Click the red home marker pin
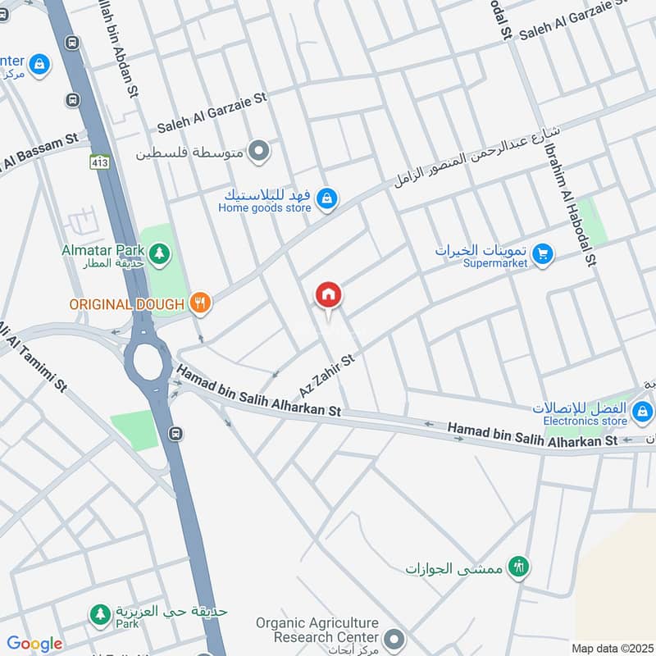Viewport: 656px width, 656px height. point(329,295)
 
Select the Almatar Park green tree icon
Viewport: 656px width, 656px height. point(157,250)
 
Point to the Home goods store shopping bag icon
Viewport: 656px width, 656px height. point(327,199)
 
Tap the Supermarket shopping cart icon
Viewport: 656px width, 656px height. point(542,255)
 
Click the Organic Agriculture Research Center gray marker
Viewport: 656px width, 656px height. point(394,638)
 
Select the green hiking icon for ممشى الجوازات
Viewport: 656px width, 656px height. point(518,566)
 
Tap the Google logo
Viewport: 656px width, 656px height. point(34,644)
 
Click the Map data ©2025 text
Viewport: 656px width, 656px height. point(611,648)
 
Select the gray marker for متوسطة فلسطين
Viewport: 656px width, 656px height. point(259,151)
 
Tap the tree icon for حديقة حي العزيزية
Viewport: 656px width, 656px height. point(100,613)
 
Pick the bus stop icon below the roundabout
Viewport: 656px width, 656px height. point(175,433)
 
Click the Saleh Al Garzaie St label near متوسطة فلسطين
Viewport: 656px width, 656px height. point(212,113)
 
